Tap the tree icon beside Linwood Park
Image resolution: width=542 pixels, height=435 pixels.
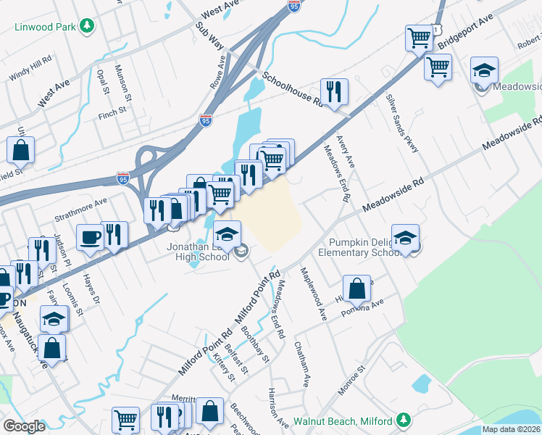88,27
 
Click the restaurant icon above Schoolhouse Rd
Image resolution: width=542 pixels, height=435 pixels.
334,91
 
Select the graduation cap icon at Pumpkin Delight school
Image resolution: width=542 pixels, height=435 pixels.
405,237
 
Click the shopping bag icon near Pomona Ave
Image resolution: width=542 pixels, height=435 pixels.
357,289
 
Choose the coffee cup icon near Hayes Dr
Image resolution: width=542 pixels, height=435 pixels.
91,238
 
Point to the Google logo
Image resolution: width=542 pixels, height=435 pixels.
24,426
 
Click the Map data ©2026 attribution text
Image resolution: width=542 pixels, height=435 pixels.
512,429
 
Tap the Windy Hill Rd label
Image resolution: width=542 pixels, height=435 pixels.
30,67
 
